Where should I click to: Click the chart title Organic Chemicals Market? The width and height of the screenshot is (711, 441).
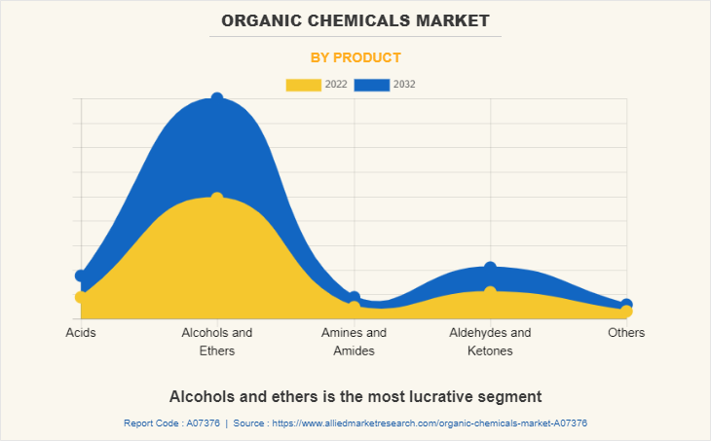(355, 19)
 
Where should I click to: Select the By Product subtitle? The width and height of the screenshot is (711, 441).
(355, 57)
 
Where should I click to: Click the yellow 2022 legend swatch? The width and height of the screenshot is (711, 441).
(303, 85)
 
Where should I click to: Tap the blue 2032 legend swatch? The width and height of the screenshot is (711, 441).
(371, 85)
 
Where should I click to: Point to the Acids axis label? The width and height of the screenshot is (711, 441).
(81, 333)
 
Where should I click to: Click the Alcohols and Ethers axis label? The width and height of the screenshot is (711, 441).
(217, 342)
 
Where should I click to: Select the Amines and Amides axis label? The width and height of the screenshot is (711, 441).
(354, 342)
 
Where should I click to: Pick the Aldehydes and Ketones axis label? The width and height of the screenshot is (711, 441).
(490, 342)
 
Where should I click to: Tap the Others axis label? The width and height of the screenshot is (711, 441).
(626, 333)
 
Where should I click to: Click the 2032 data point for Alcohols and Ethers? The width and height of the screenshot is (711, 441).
(217, 98)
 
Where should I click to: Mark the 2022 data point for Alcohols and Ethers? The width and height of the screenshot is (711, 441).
(217, 198)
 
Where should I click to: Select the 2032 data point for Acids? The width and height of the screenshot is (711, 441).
(81, 276)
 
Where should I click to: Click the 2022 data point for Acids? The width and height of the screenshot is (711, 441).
(81, 297)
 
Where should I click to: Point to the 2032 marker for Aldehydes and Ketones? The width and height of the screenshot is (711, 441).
(490, 268)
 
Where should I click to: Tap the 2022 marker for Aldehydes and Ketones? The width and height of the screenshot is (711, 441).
(490, 291)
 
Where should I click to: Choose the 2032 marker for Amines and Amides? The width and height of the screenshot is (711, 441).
(354, 297)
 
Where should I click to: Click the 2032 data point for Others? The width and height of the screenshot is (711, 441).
(626, 305)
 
